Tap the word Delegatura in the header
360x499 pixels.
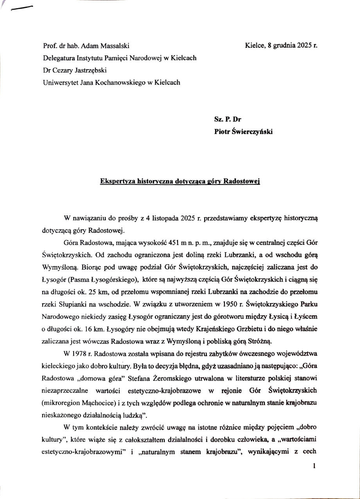coord(59,58)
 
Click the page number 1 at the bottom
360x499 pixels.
coord(315,466)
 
